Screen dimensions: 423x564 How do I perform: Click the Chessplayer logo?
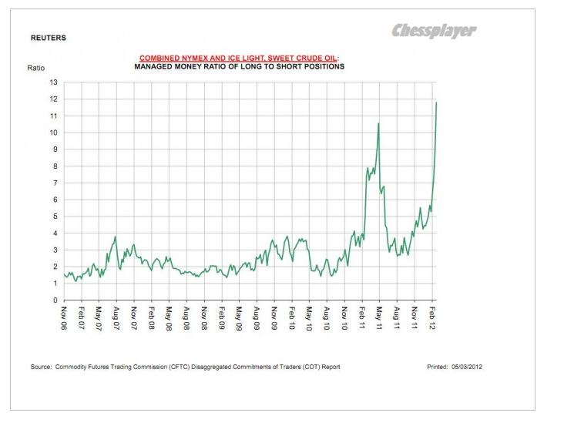(x=434, y=31)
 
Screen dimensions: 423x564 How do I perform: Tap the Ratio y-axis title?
(x=36, y=68)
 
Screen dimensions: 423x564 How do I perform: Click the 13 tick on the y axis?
(x=53, y=82)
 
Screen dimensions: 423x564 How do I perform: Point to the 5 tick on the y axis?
(x=55, y=217)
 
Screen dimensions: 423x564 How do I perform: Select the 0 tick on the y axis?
(x=55, y=300)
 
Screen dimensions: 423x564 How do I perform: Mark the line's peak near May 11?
(x=378, y=123)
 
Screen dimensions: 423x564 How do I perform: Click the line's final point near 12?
(x=437, y=102)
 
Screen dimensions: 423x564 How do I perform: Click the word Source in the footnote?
(x=41, y=367)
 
